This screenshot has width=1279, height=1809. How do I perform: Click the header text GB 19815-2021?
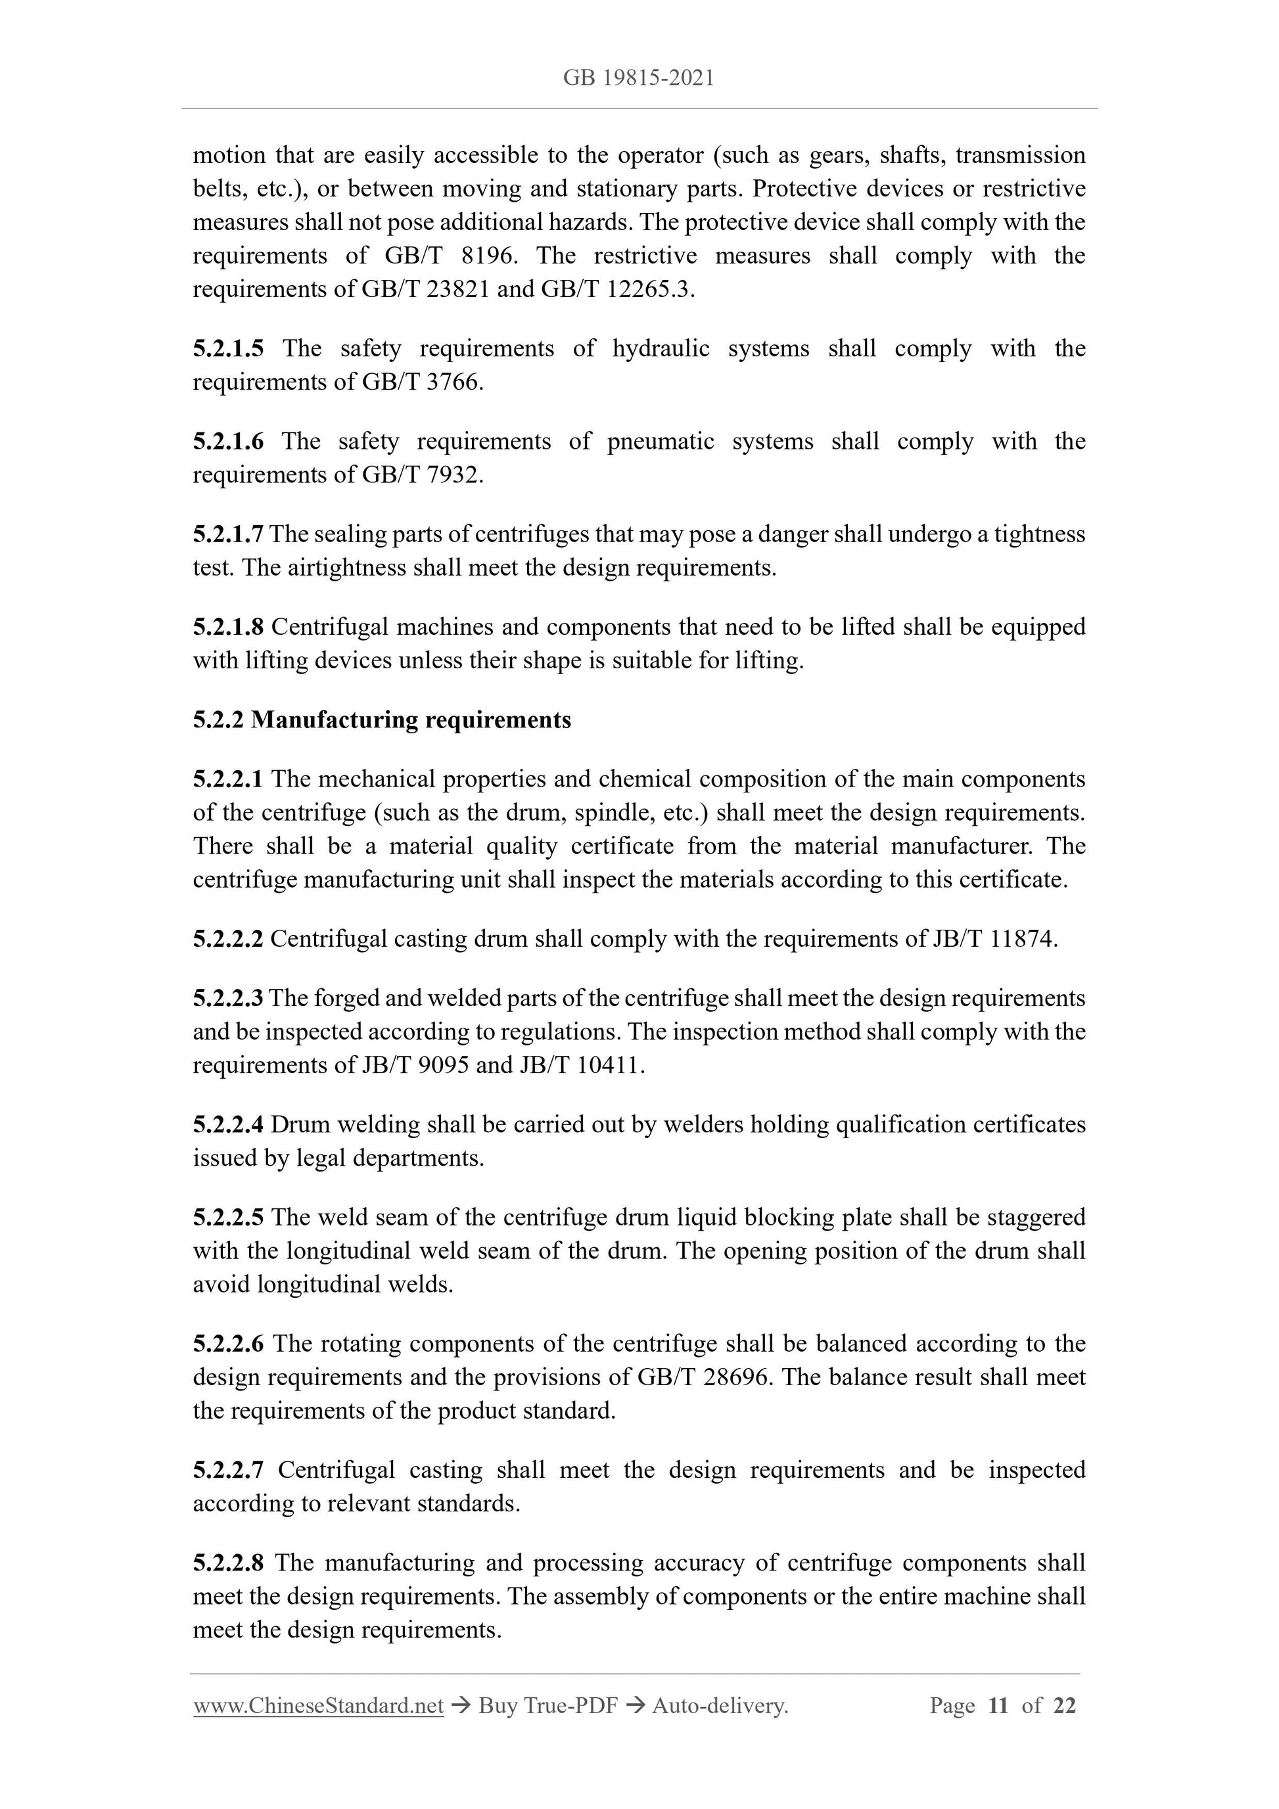click(x=638, y=78)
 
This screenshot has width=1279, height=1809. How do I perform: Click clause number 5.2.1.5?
click(x=228, y=348)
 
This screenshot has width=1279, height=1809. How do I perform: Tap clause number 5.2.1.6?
click(x=228, y=441)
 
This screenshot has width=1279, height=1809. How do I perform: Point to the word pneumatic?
click(x=661, y=441)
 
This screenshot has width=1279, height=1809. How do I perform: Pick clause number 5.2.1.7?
click(x=228, y=534)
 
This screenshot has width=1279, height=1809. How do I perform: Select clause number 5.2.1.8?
click(x=228, y=627)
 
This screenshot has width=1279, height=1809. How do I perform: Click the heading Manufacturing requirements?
click(x=411, y=720)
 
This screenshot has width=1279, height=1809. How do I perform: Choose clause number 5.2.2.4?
click(x=228, y=1124)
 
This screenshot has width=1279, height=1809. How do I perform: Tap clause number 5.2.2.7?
click(x=228, y=1470)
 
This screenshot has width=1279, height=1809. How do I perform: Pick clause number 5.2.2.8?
click(x=228, y=1563)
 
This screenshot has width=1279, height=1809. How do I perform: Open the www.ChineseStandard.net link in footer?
click(x=318, y=1706)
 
